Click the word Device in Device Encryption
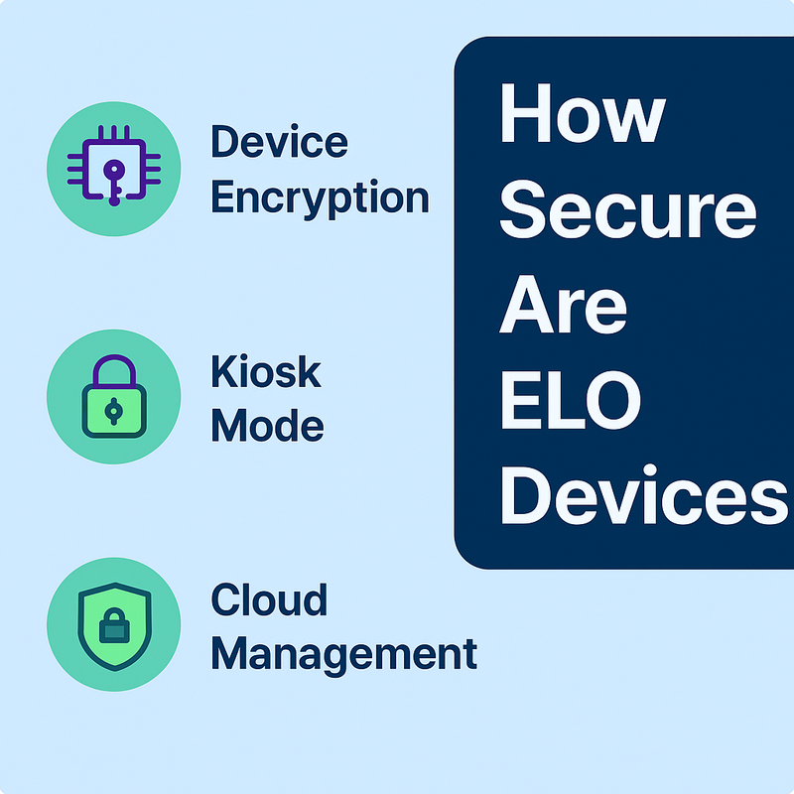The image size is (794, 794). pos(279,143)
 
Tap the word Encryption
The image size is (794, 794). pos(320,198)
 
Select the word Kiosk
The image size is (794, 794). pos(266,372)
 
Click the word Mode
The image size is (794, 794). pos(267,426)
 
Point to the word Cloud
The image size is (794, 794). pos(269,600)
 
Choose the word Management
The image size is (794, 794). pos(343,654)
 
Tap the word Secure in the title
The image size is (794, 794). pos(626,210)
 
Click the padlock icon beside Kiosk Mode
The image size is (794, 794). pos(113,395)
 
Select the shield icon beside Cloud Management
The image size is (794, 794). pos(114,623)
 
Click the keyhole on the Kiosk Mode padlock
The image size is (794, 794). pos(113,410)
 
